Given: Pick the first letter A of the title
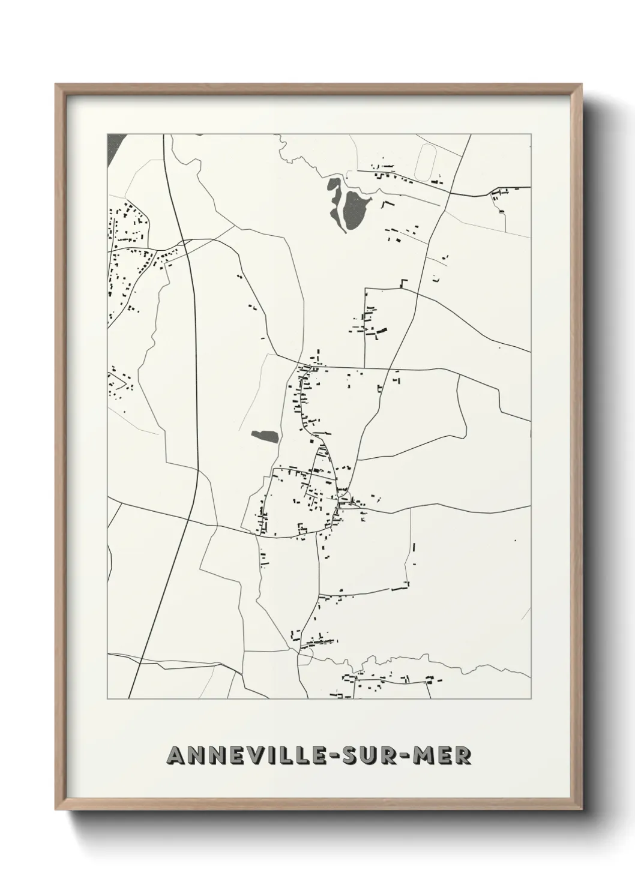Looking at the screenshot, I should (x=175, y=756).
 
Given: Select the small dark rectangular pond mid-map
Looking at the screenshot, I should (x=265, y=436).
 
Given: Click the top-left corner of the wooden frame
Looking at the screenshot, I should (x=56, y=85).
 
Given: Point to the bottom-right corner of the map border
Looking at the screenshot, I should (x=531, y=698).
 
